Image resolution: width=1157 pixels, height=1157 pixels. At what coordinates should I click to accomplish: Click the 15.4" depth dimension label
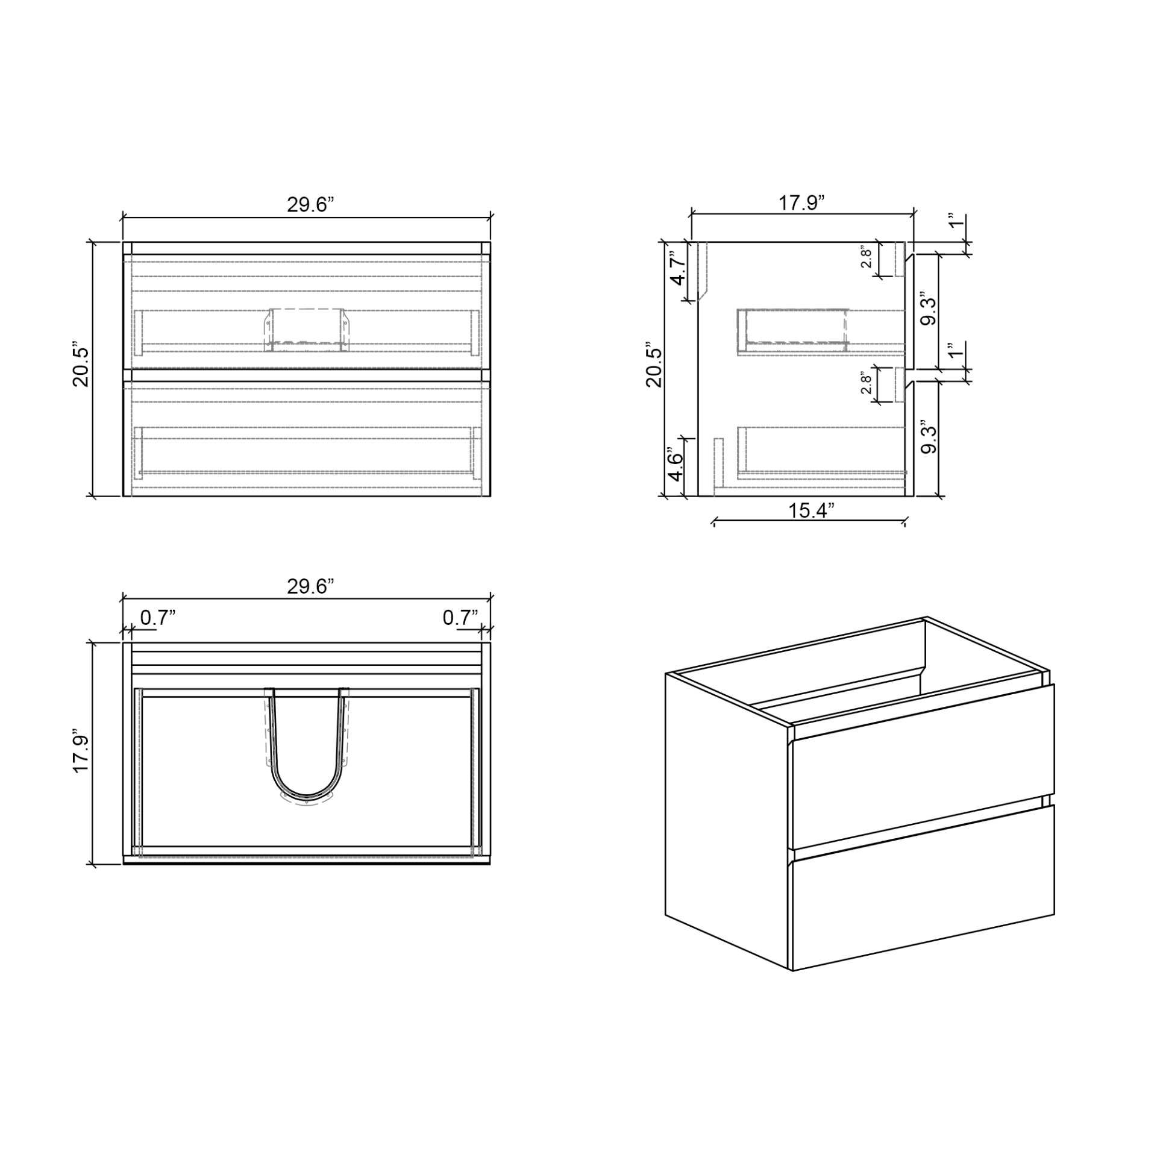[811, 510]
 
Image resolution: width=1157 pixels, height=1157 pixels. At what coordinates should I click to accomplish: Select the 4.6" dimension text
[677, 464]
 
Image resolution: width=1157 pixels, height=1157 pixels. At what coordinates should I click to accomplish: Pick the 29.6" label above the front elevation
[310, 204]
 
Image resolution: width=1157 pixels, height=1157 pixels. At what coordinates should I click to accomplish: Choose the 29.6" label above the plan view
[310, 586]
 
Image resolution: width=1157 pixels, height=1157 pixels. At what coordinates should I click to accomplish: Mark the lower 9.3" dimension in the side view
[929, 439]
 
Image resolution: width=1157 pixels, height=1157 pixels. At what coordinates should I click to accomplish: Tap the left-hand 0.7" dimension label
[158, 617]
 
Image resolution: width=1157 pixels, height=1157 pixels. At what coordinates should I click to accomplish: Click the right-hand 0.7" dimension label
[460, 617]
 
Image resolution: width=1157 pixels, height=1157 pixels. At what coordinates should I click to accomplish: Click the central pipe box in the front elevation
[306, 328]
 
